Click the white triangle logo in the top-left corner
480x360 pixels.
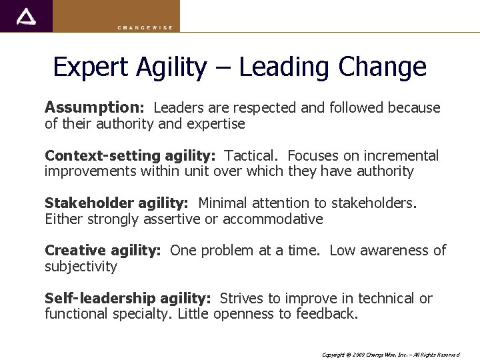coord(26,16)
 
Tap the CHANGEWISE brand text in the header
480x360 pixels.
coord(145,27)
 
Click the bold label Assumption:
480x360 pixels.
coord(94,107)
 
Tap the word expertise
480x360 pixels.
coord(215,124)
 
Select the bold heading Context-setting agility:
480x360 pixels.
coord(130,156)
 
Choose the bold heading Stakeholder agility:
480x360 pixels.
coord(117,203)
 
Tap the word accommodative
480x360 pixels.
coord(273,219)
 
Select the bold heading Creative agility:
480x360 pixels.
coord(103,251)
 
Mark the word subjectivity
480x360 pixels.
coord(81,267)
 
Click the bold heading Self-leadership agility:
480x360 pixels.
coord(127,299)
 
